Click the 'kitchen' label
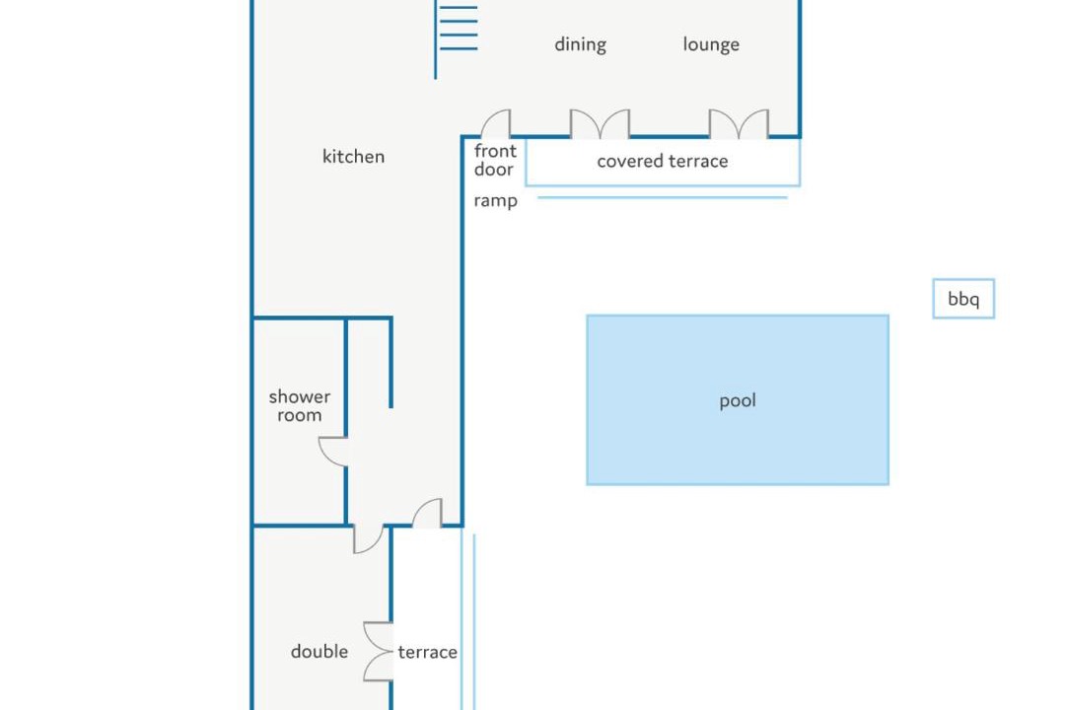(x=353, y=156)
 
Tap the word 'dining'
(x=580, y=44)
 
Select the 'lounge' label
(x=711, y=44)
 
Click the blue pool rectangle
(x=738, y=399)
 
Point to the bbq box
(x=963, y=298)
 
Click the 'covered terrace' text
(x=663, y=161)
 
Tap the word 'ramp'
(x=495, y=201)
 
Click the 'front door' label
(x=495, y=160)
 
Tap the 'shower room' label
(x=300, y=405)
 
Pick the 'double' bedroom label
(x=319, y=652)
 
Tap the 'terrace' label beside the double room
(x=427, y=652)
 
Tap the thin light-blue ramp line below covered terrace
(x=663, y=197)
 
